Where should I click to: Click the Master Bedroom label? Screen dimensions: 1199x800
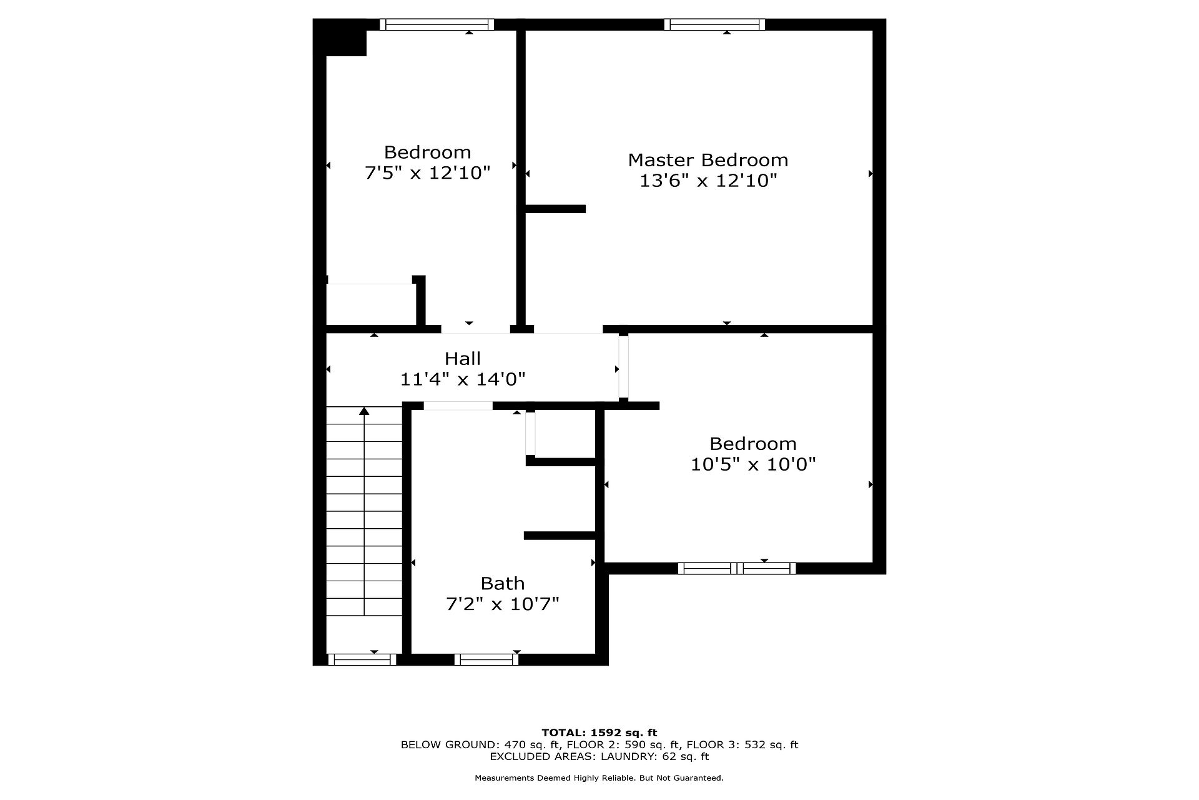tap(708, 160)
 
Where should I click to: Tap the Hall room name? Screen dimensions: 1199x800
tap(463, 359)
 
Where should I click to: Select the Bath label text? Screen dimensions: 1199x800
tap(503, 584)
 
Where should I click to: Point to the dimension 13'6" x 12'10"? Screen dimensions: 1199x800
tap(708, 181)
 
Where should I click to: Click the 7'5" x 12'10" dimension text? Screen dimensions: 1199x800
tap(428, 173)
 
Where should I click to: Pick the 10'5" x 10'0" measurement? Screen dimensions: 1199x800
tap(753, 464)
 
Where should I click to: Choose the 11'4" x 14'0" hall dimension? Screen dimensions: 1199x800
tap(463, 379)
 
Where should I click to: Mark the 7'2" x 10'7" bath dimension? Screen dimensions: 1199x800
tap(503, 604)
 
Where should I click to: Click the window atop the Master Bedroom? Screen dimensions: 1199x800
tap(714, 24)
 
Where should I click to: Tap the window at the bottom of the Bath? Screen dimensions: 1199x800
tap(486, 659)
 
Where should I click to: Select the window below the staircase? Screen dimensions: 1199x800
tap(362, 659)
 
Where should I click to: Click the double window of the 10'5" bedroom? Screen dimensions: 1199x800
tap(737, 568)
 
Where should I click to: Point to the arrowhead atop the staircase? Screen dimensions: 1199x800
tap(364, 411)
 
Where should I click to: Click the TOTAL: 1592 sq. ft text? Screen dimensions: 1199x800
tap(599, 732)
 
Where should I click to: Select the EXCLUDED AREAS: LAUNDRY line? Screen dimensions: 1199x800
tap(599, 756)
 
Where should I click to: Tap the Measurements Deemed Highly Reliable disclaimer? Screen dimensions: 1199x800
tap(599, 778)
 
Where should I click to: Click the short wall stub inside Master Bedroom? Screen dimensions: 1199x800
tap(555, 209)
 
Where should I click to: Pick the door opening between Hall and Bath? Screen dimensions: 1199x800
tap(458, 406)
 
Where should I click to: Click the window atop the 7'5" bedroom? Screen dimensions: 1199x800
tap(437, 24)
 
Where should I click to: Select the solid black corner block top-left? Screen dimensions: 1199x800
tap(340, 37)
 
